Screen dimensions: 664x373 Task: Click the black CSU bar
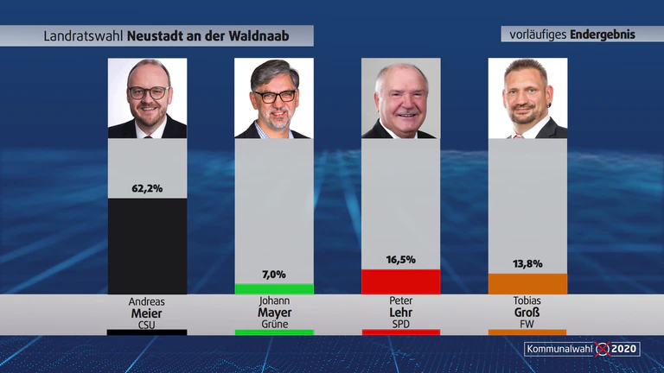click(x=147, y=246)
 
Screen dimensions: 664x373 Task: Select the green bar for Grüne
click(x=274, y=289)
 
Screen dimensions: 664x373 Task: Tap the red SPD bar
click(x=400, y=281)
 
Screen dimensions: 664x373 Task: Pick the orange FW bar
click(x=527, y=284)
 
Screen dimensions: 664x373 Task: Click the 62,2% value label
click(x=147, y=188)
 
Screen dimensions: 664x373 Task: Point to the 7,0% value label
click(x=273, y=275)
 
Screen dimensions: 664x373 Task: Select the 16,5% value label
click(x=400, y=260)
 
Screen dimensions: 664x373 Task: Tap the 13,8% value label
click(x=527, y=264)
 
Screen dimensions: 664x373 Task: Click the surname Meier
click(x=146, y=313)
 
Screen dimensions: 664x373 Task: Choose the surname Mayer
click(x=274, y=313)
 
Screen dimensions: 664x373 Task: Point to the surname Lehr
click(x=400, y=313)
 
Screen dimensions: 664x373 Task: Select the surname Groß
click(x=527, y=313)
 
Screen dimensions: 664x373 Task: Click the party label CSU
click(x=146, y=325)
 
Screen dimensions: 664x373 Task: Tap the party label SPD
click(x=400, y=325)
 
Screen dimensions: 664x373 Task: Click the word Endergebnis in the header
click(x=603, y=35)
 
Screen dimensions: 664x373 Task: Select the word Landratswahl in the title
click(x=83, y=36)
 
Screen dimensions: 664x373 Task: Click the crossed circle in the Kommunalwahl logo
click(x=602, y=350)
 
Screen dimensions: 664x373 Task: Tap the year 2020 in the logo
click(x=624, y=349)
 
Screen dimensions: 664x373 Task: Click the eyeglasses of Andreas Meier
click(x=149, y=92)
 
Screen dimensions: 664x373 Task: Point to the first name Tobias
click(x=527, y=300)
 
